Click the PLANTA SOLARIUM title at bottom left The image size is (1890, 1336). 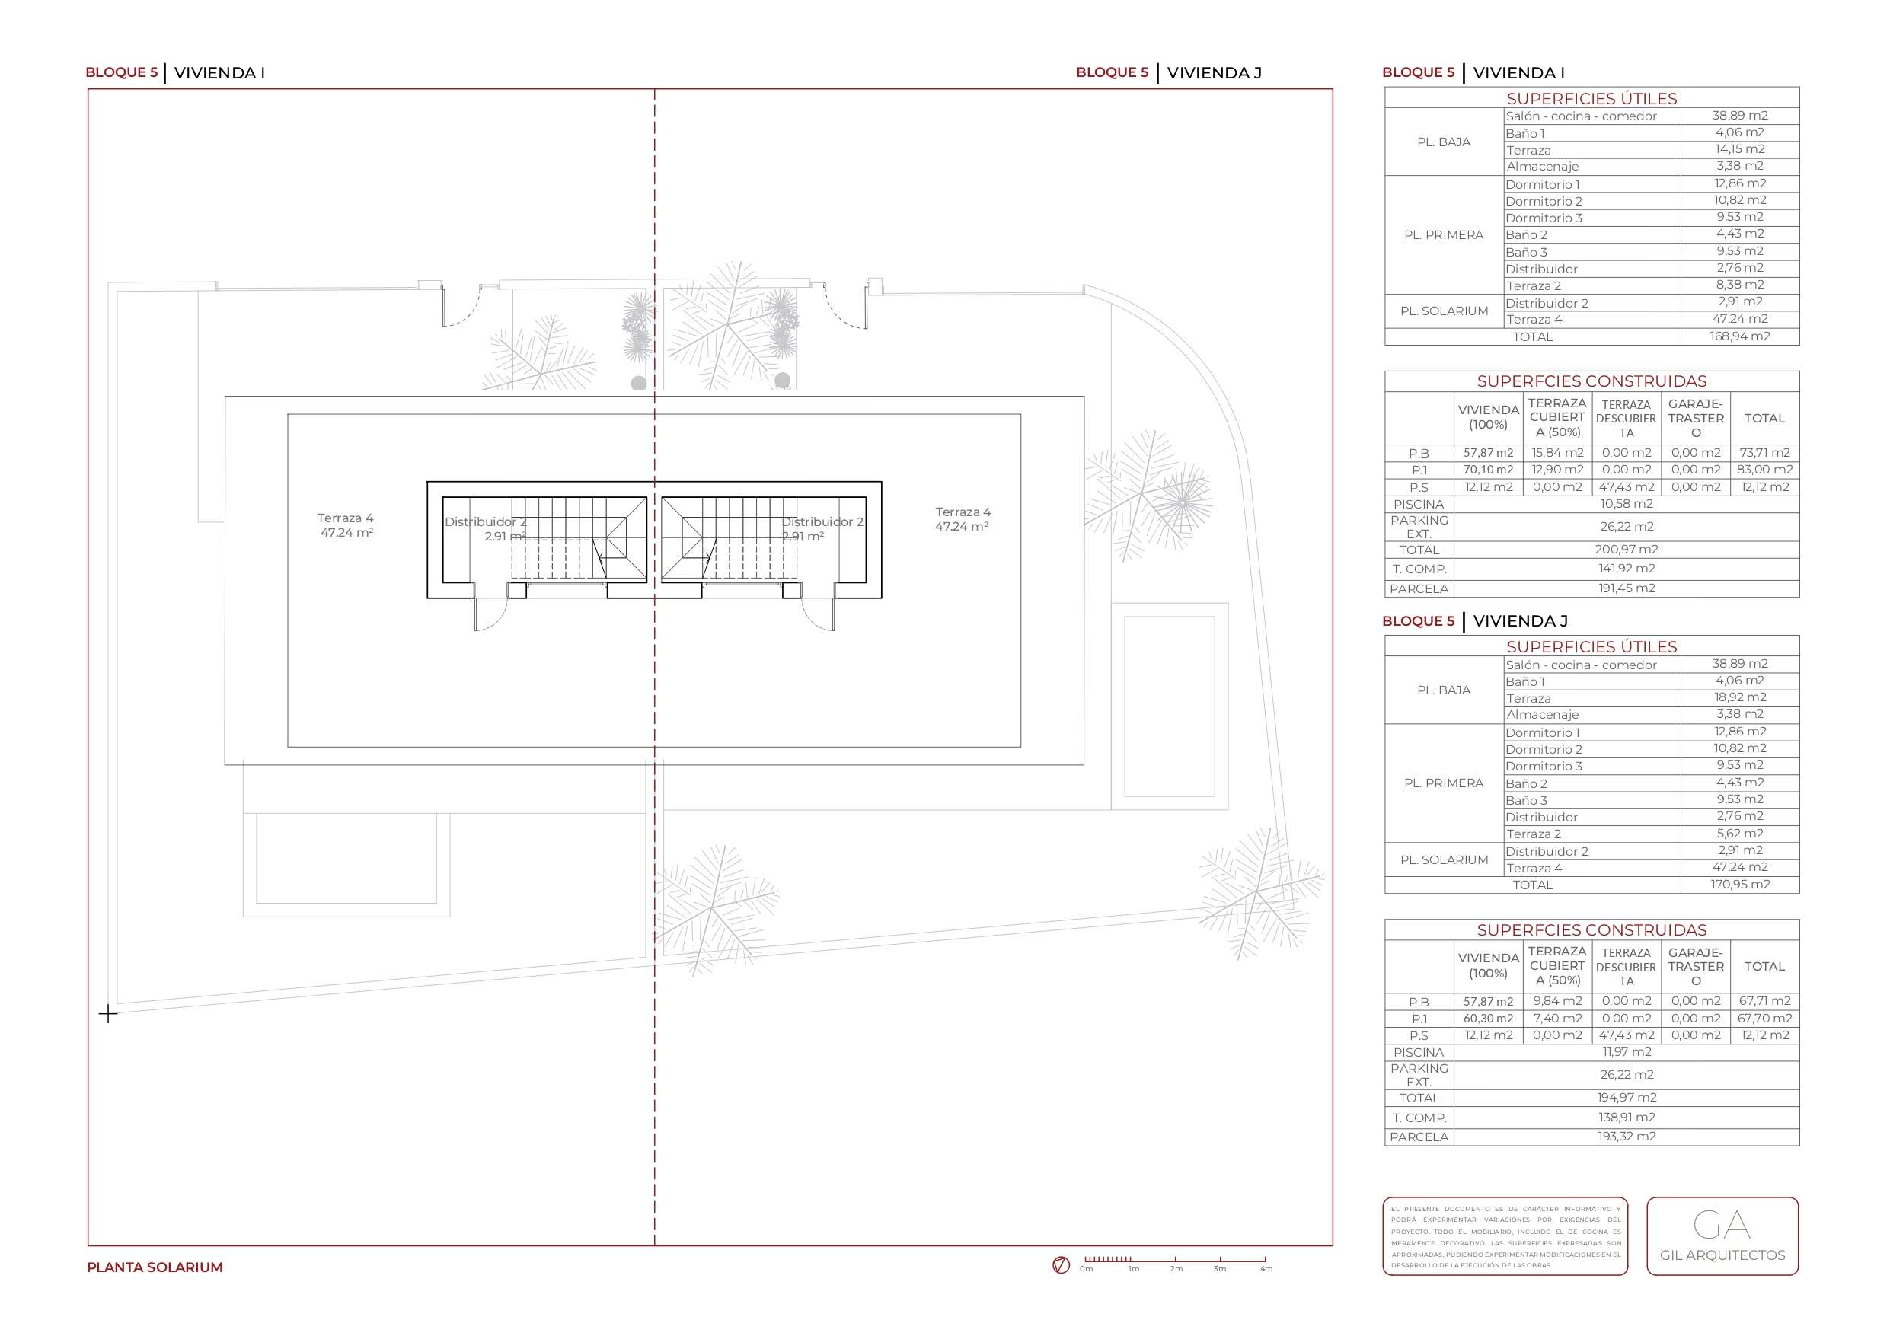click(x=155, y=1267)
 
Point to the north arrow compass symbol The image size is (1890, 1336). click(x=1061, y=1265)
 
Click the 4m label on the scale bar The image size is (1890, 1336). click(x=1266, y=1269)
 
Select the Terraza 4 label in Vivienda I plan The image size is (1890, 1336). click(x=346, y=525)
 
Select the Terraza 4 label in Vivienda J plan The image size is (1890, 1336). click(x=963, y=518)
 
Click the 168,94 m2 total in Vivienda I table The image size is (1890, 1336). click(x=1739, y=336)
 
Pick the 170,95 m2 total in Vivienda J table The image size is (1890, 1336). click(x=1739, y=884)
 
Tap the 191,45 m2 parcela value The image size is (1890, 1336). click(x=1627, y=588)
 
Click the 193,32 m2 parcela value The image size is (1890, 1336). click(x=1627, y=1136)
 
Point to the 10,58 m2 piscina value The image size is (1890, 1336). click(x=1627, y=504)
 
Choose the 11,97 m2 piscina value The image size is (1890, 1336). click(x=1627, y=1052)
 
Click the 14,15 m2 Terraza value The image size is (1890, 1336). click(x=1739, y=149)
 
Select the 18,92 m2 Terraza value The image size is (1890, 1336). click(x=1739, y=697)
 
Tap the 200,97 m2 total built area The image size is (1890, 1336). click(x=1627, y=549)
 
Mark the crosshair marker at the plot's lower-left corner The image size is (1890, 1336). click(x=108, y=1013)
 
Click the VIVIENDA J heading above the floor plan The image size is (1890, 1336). click(x=1214, y=72)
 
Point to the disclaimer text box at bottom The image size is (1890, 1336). click(x=1505, y=1236)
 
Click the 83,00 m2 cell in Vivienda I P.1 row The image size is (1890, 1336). click(x=1765, y=470)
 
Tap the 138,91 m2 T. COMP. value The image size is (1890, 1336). click(x=1627, y=1117)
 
